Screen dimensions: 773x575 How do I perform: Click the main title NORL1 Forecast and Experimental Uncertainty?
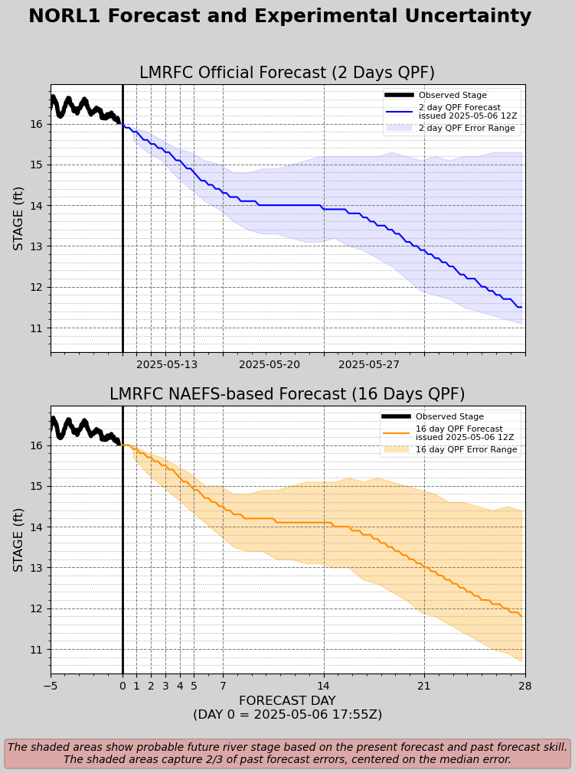pos(279,17)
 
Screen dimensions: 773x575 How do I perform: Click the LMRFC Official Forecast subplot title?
pos(287,73)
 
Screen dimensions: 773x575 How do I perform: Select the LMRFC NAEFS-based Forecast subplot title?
pos(287,394)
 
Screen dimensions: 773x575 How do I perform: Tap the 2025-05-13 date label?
pos(167,364)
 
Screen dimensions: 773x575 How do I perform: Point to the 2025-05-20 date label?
pos(270,364)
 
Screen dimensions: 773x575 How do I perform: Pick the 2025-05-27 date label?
pos(369,364)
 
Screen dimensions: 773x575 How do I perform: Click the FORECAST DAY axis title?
pos(287,701)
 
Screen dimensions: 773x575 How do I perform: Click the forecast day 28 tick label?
pos(524,687)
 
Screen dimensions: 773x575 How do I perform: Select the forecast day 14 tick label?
pos(324,687)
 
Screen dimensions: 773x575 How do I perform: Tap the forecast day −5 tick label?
pos(51,687)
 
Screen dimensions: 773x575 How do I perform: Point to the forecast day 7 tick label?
pos(223,687)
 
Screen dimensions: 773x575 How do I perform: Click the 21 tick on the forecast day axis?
pos(424,687)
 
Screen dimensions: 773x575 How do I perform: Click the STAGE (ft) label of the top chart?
pos(19,218)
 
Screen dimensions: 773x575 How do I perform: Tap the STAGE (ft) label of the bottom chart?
pos(19,540)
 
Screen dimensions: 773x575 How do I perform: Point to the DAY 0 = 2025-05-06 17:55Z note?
pos(287,715)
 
